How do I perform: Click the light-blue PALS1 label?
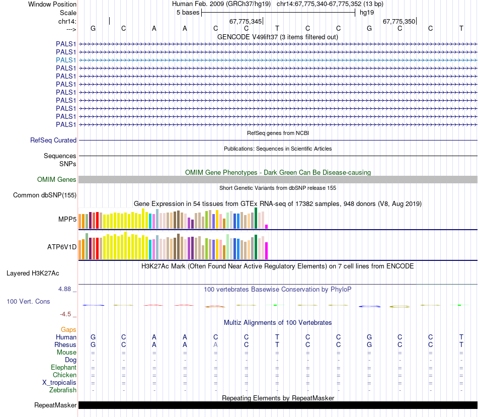[x=66, y=60]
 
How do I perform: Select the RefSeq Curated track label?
[x=53, y=141]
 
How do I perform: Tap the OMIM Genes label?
[x=57, y=180]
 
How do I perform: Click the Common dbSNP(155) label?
[x=45, y=195]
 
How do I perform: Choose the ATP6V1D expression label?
[x=62, y=247]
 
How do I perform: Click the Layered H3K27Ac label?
[x=33, y=273]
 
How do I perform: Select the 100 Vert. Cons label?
[x=28, y=301]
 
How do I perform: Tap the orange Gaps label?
[x=68, y=329]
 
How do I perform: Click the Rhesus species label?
[x=65, y=345]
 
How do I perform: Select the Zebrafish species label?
[x=63, y=390]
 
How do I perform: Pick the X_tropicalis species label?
[x=59, y=383]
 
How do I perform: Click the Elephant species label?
[x=63, y=368]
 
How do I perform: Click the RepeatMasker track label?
[x=55, y=405]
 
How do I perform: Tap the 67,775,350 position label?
[x=399, y=22]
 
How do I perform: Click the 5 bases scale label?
[x=188, y=13]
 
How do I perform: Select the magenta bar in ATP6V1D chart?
[x=267, y=250]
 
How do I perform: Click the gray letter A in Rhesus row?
[x=215, y=345]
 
